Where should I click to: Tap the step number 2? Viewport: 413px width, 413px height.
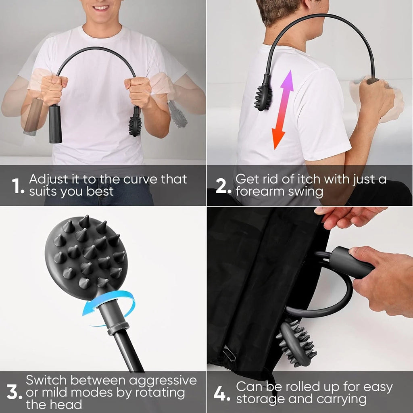pos(223,186)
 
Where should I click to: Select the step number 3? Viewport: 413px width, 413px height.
pos(15,392)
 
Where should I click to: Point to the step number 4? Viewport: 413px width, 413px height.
pos(222,394)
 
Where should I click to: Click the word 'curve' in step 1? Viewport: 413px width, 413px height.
pos(141,179)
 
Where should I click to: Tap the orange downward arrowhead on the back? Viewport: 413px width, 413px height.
pos(278,139)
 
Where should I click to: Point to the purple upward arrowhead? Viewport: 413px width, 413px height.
pos(288,80)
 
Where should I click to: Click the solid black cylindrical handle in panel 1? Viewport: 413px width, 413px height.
pos(55,124)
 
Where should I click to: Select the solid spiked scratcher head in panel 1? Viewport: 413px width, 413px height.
pos(135,126)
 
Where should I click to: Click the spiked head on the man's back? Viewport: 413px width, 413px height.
pos(263,97)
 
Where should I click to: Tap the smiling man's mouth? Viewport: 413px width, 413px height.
pos(100,8)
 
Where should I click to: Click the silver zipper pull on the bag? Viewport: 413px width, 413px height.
pos(229,354)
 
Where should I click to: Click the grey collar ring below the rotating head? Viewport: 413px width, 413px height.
pos(118,328)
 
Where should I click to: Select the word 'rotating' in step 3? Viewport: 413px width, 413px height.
pos(160,393)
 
